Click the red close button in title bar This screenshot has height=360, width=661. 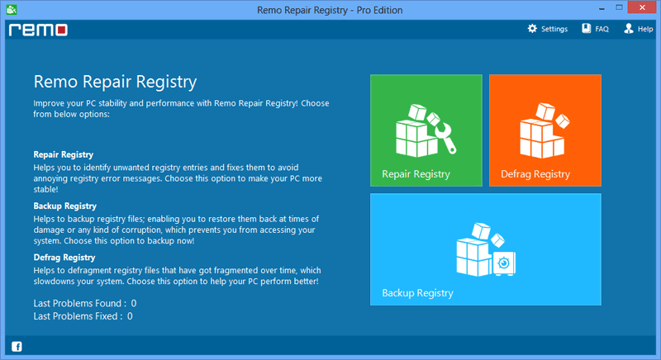pos(642,7)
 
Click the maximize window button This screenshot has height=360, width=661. pos(619,7)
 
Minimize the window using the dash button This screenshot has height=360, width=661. pos(602,9)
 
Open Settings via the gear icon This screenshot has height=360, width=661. pos(532,28)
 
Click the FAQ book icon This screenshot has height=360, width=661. pos(587,28)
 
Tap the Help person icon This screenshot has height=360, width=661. pos(629,28)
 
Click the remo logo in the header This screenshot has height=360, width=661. pos(38,30)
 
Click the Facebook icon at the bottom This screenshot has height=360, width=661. pos(17,347)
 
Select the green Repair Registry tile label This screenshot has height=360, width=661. pos(416,174)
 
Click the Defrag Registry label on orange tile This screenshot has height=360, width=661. pos(535,174)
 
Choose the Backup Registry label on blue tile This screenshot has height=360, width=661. pos(417,292)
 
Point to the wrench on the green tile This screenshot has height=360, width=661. pos(445,138)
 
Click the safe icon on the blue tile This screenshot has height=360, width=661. pos(504,263)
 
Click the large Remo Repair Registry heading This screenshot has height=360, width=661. pos(115,82)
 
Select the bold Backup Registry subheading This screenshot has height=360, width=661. pos(65,206)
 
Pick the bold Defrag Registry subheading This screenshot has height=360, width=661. pos(64,258)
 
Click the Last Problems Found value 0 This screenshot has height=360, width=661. pos(134,303)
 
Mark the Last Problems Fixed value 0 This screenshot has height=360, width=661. pos(130,315)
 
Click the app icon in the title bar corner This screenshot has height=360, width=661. pos(12,9)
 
